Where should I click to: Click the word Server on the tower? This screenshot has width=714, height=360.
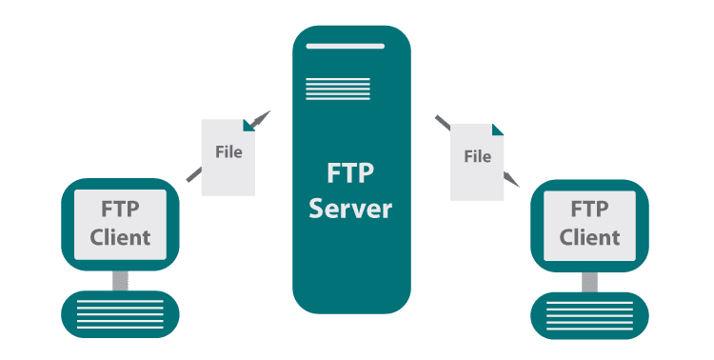351,209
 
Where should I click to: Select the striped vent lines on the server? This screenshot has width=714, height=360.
338,89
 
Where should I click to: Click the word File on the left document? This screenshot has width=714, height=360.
228,151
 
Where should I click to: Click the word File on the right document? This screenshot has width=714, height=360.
477,156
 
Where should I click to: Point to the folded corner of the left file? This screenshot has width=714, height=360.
249,124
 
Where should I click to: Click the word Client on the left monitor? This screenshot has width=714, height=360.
120,237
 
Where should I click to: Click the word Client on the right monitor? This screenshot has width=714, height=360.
589,236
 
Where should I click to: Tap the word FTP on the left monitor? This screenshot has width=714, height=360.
120,209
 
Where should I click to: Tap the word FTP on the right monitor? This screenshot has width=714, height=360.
589,208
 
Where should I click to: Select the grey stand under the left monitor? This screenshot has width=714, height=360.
120,280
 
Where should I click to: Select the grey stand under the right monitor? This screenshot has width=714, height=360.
589,281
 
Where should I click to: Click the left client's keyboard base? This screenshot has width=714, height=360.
120,313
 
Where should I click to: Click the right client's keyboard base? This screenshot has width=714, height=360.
589,313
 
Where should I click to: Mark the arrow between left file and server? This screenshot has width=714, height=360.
261,117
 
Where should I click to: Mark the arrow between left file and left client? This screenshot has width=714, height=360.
193,173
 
